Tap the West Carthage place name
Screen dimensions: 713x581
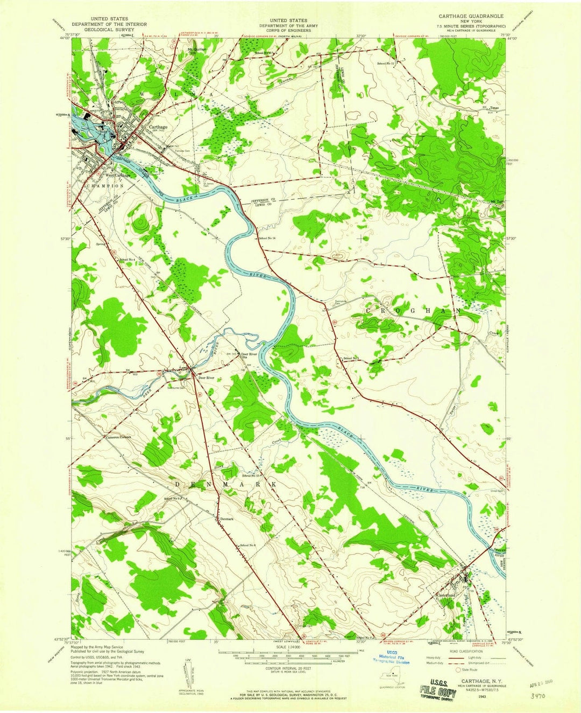(118, 174)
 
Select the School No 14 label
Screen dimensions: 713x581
(267, 238)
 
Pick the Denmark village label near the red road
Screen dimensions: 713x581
(226, 519)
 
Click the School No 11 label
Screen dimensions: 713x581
(386, 64)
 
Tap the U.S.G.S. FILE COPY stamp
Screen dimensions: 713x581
(440, 691)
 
